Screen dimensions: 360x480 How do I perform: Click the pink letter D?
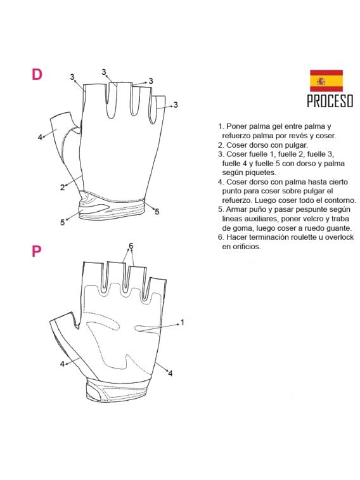pyautogui.click(x=37, y=74)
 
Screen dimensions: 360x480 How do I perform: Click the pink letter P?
pyautogui.click(x=36, y=251)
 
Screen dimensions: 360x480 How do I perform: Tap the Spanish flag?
pyautogui.click(x=326, y=81)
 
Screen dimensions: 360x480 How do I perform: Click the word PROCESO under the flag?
pyautogui.click(x=330, y=101)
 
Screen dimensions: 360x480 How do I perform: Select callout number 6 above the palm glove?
pyautogui.click(x=131, y=245)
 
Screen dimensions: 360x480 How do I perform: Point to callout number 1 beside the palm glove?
pyautogui.click(x=183, y=322)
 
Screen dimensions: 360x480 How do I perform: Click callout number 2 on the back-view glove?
pyautogui.click(x=62, y=187)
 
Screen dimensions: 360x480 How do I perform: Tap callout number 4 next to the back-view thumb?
pyautogui.click(x=40, y=137)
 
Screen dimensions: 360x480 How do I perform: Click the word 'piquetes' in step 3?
pyautogui.click(x=261, y=172)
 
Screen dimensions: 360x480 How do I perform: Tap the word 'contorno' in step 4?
pyautogui.click(x=342, y=200)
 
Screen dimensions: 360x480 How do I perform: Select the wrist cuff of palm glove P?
pyautogui.click(x=118, y=390)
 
